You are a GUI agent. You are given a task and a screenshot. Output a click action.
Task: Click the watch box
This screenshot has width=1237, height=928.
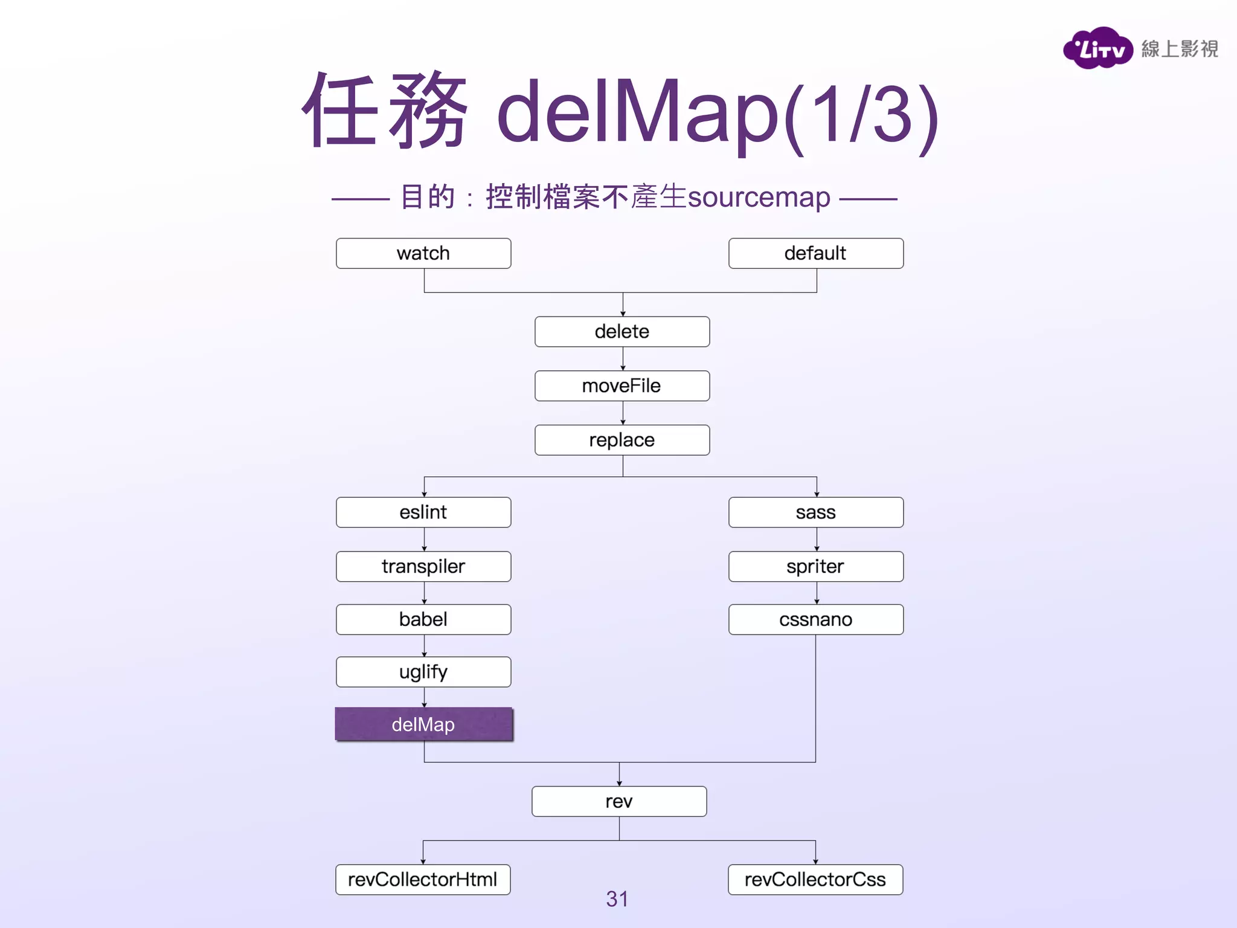(x=423, y=253)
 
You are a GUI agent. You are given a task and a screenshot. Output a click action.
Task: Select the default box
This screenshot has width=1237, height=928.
(x=815, y=253)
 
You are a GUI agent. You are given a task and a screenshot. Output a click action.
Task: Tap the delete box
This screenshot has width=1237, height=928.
(x=622, y=332)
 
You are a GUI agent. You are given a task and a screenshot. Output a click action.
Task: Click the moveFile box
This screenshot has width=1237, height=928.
(x=622, y=386)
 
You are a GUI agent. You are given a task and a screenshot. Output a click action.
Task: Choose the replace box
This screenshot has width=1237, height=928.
(x=622, y=440)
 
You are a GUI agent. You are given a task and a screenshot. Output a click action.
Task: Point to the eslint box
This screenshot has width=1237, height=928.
(x=423, y=512)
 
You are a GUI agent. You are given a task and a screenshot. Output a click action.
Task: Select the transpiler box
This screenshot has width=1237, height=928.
(x=423, y=566)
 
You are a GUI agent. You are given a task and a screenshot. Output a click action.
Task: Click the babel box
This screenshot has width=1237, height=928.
(x=423, y=619)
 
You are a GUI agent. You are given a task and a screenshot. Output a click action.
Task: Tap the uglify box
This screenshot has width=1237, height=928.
(x=423, y=672)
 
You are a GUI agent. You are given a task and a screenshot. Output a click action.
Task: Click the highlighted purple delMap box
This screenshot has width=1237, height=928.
(x=423, y=724)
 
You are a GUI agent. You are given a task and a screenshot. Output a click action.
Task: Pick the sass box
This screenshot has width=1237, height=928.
(x=815, y=512)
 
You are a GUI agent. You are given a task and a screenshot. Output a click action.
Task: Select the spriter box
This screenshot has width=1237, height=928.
(x=815, y=566)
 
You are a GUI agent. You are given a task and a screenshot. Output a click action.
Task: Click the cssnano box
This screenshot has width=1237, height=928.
(x=815, y=619)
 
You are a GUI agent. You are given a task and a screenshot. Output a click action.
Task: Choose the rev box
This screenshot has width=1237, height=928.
(x=619, y=801)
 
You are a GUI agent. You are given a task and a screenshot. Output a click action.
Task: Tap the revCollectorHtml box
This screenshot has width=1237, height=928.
(x=423, y=879)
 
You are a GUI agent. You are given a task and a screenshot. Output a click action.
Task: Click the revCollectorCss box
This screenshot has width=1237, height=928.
(x=815, y=879)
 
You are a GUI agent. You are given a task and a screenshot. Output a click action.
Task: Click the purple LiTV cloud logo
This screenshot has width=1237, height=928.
(x=1097, y=48)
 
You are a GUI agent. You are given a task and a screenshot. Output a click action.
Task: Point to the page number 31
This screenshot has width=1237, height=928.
(x=617, y=899)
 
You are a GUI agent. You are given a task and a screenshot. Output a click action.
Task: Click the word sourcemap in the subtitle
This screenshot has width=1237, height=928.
(x=759, y=198)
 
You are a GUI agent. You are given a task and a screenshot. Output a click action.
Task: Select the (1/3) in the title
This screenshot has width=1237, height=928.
(x=862, y=115)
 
